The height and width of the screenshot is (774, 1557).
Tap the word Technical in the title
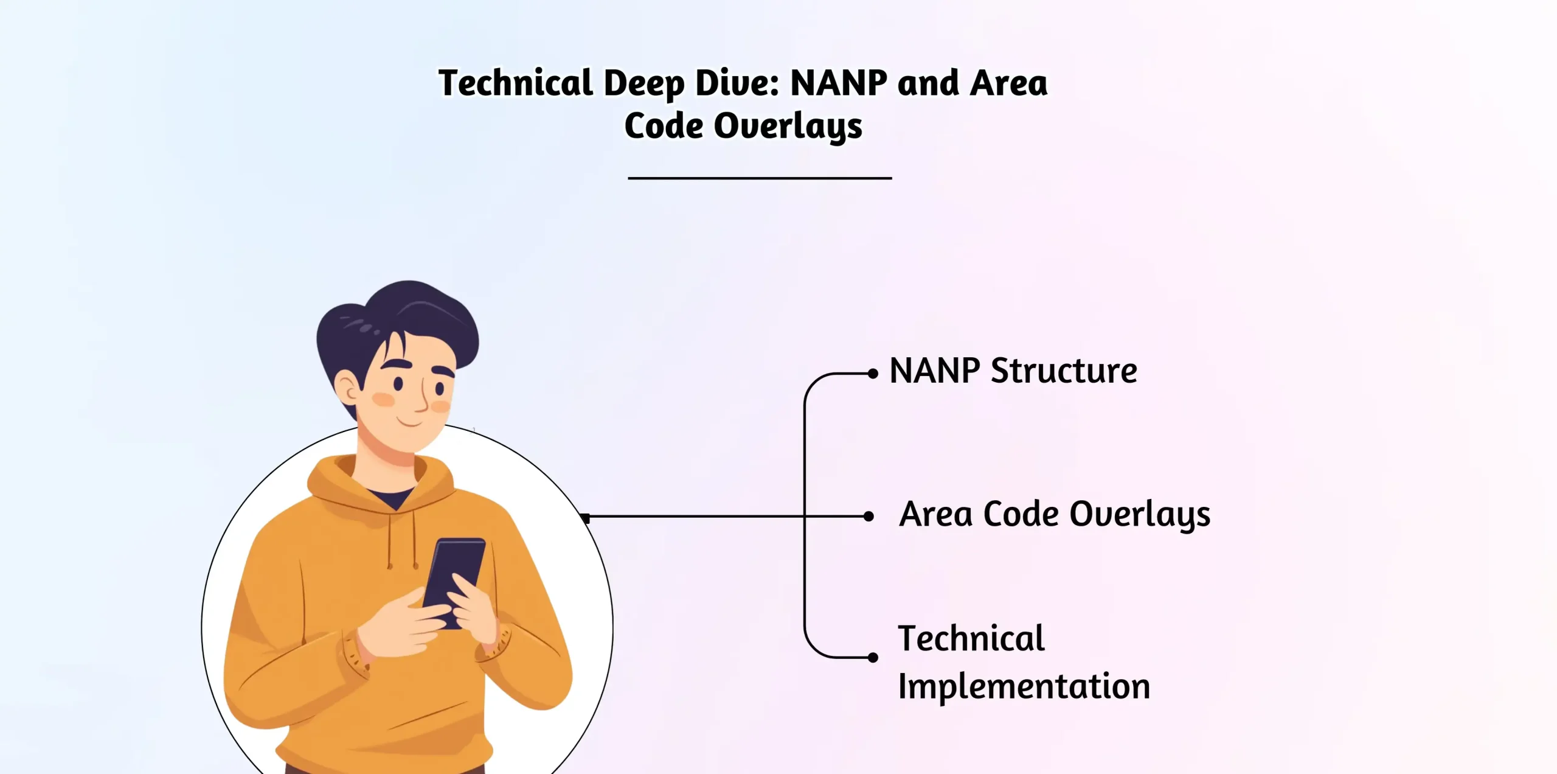tap(515, 83)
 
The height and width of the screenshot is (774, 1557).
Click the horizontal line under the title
tap(760, 178)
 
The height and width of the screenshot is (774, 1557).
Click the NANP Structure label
tap(1013, 371)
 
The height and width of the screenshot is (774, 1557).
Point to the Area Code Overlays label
tap(1055, 515)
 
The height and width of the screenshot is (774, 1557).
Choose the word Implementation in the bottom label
tap(1024, 686)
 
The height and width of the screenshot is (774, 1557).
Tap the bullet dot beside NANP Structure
tap(873, 374)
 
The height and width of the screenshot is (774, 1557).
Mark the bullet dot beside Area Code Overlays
tap(869, 517)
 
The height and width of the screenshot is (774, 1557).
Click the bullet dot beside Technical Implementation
tap(873, 657)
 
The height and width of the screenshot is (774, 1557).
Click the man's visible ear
tap(347, 389)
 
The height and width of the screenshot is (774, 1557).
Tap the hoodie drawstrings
tap(401, 542)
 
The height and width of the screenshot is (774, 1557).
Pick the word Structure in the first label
tap(1064, 371)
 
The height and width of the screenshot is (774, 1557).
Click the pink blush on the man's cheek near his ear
tap(383, 400)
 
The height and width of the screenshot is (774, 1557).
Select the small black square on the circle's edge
tap(585, 518)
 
